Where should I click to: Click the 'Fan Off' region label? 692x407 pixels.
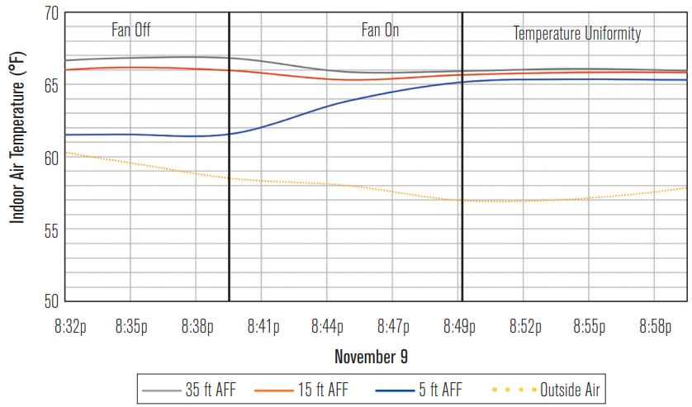coord(131,31)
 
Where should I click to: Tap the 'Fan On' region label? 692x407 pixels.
coord(380,31)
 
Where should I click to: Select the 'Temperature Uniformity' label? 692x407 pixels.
coord(577,34)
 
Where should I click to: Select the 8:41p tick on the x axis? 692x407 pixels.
coord(263,327)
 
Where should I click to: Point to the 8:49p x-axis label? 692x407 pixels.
coord(459,327)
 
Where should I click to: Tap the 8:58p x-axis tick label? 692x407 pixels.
coord(656,327)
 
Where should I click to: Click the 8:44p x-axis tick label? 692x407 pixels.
coord(329,327)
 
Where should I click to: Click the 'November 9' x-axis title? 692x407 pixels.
coord(371,357)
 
